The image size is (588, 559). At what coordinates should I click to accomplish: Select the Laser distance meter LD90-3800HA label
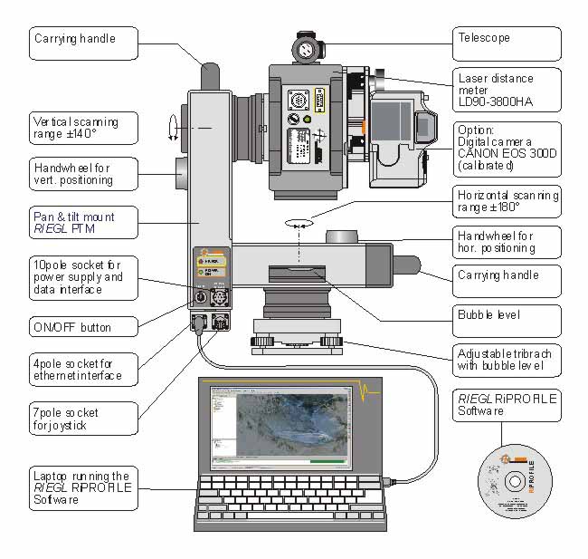[506, 90]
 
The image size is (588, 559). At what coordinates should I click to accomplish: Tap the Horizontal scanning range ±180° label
[506, 201]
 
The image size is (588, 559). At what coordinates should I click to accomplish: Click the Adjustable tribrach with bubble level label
[506, 360]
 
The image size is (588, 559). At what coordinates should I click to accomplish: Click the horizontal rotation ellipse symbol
[298, 221]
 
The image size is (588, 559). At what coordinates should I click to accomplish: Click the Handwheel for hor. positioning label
[506, 241]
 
